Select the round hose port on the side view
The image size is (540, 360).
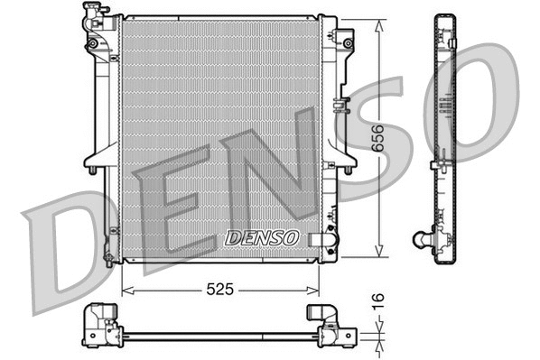pyautogui.click(x=422, y=239)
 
